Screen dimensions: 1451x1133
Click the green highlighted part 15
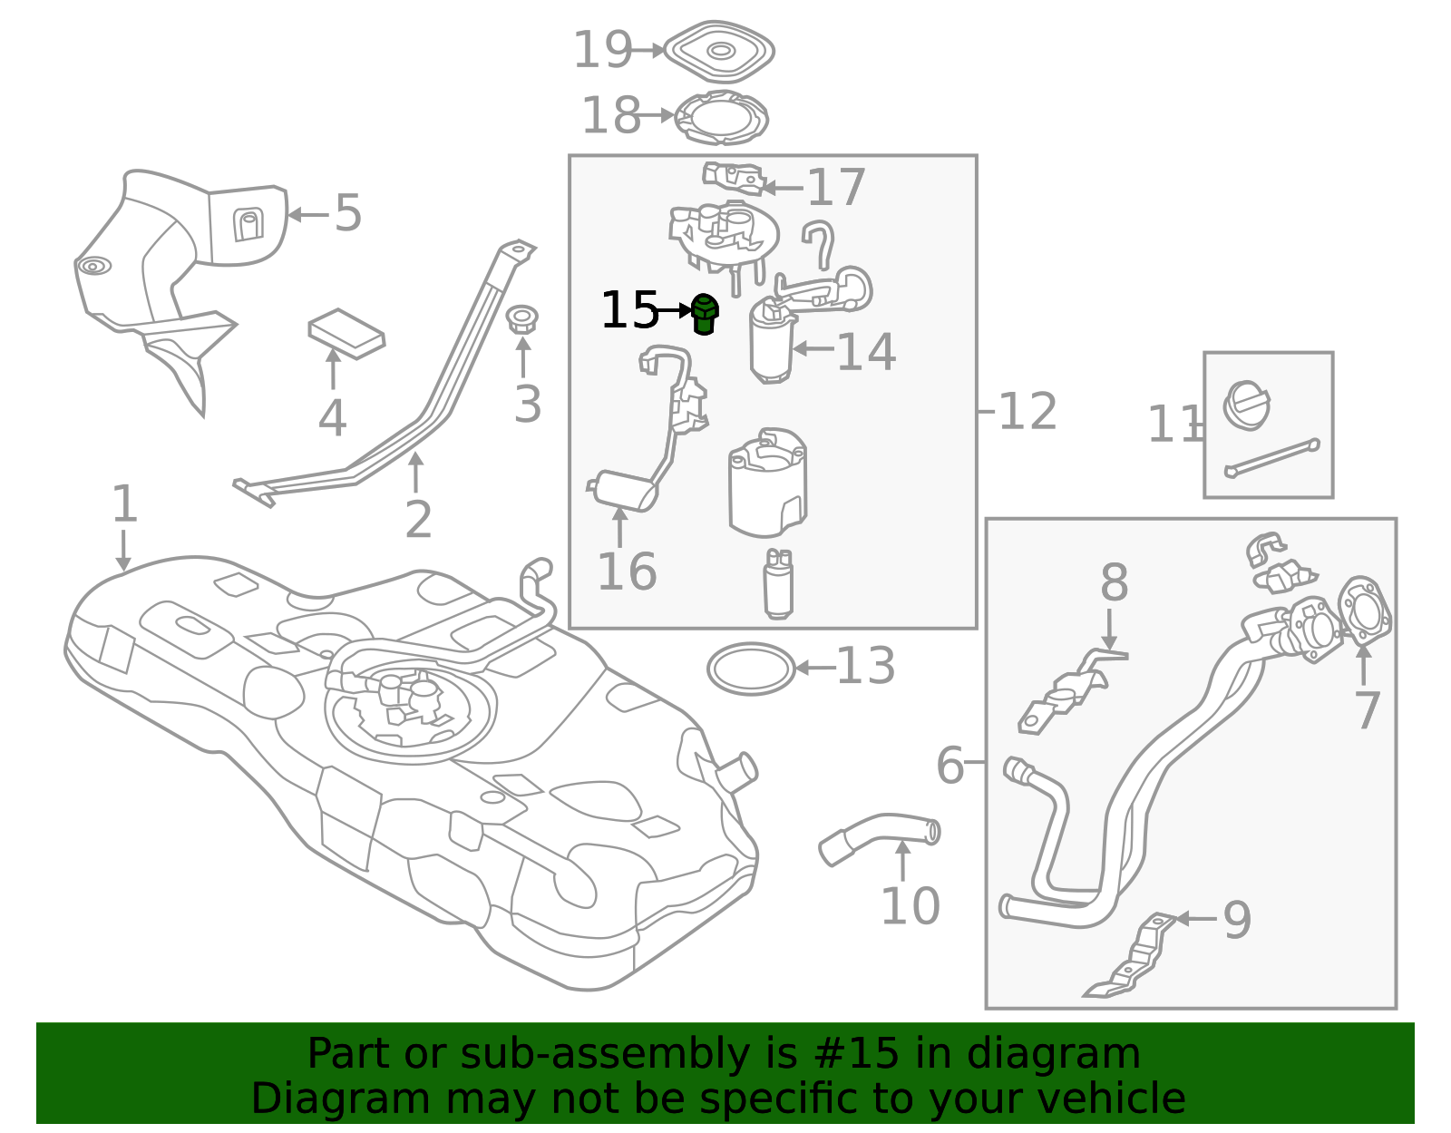705,314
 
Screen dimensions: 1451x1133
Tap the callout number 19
602,50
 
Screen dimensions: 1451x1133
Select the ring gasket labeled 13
751,669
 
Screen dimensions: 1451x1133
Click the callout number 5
348,213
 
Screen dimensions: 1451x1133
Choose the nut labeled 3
522,320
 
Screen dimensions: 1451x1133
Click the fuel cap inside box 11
1246,405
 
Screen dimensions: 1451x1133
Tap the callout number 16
627,571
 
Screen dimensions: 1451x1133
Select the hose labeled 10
880,837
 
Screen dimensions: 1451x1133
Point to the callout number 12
1027,411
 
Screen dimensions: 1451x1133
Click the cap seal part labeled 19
720,52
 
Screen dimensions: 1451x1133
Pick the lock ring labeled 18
721,118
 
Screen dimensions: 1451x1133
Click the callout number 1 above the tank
125,504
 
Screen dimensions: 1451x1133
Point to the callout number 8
1115,582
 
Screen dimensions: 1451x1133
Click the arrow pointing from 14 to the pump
813,348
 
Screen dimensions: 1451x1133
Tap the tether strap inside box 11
1272,458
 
